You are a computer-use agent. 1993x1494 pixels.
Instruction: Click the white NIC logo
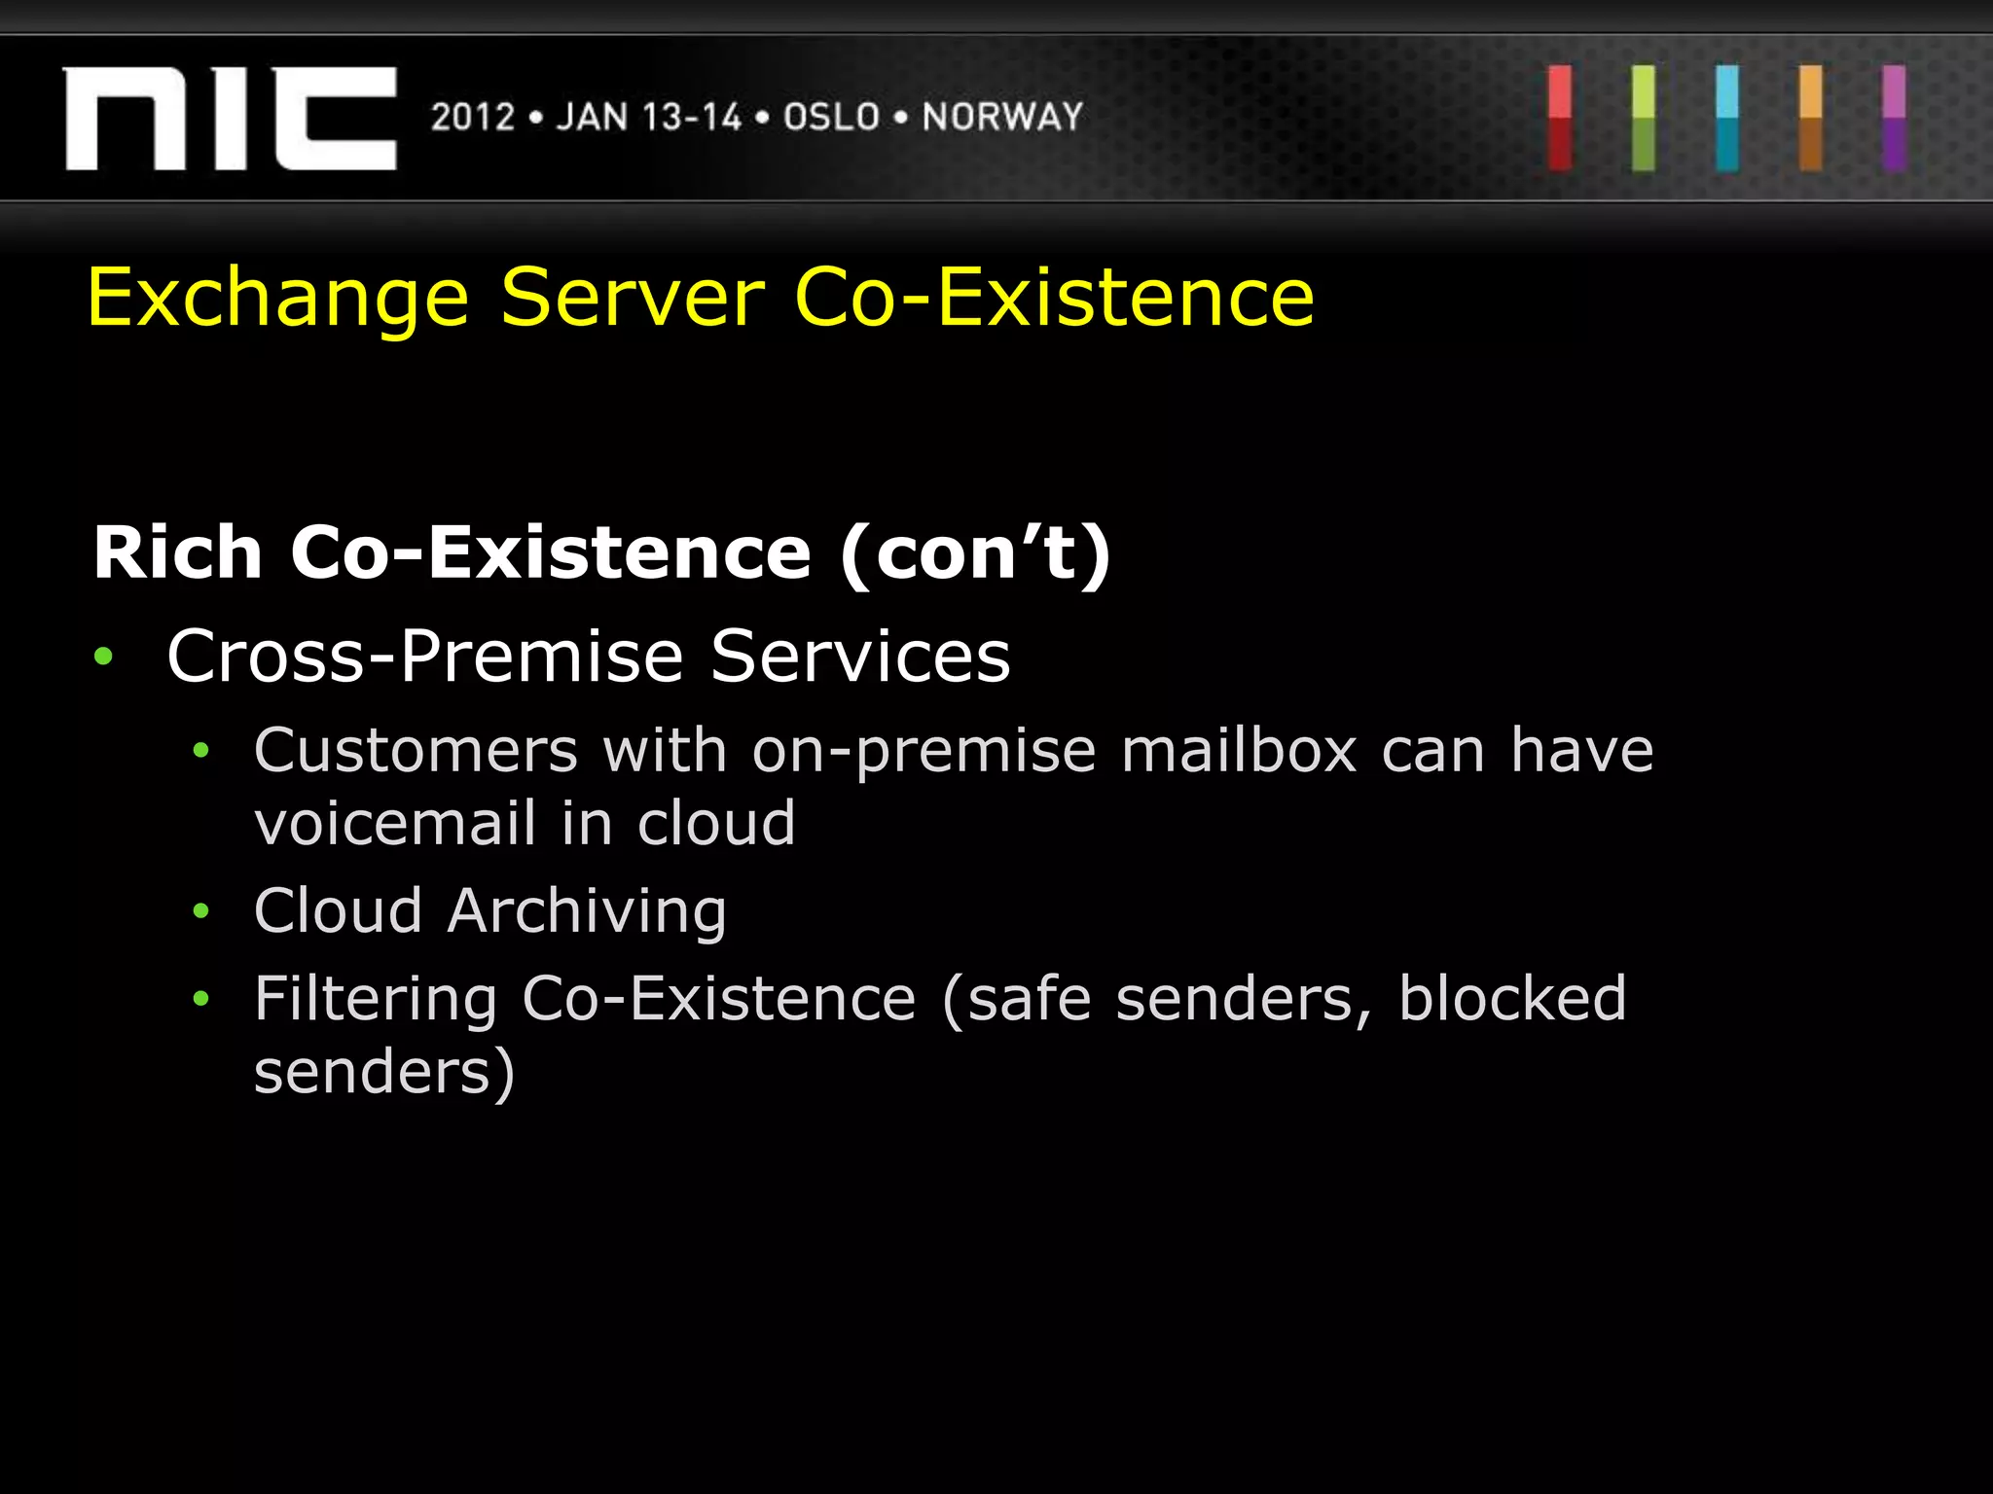(x=230, y=119)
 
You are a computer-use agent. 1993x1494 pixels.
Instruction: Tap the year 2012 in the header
(x=473, y=118)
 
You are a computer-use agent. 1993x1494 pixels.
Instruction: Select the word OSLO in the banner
(x=832, y=118)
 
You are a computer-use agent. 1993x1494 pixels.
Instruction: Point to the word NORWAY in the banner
(x=1002, y=118)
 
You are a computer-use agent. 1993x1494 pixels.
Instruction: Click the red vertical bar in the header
(x=1560, y=119)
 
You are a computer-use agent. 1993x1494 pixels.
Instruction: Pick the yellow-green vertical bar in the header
(x=1644, y=119)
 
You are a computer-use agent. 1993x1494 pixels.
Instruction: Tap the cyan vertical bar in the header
(x=1727, y=119)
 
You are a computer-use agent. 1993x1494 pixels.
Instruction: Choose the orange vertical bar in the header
(x=1811, y=119)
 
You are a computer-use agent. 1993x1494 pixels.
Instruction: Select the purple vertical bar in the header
(x=1894, y=119)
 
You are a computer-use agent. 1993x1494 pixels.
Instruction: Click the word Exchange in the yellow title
(x=278, y=299)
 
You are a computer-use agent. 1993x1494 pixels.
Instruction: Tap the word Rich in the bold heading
(x=178, y=553)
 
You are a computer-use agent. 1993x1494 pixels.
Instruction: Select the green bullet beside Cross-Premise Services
(x=103, y=658)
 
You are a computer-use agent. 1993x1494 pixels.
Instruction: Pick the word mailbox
(x=1239, y=751)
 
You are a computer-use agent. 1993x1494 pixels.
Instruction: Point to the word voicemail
(x=395, y=824)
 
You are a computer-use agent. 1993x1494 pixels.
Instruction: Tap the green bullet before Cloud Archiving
(x=201, y=911)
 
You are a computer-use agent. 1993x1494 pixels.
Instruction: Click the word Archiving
(x=587, y=912)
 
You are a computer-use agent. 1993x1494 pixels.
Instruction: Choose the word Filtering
(x=376, y=999)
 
